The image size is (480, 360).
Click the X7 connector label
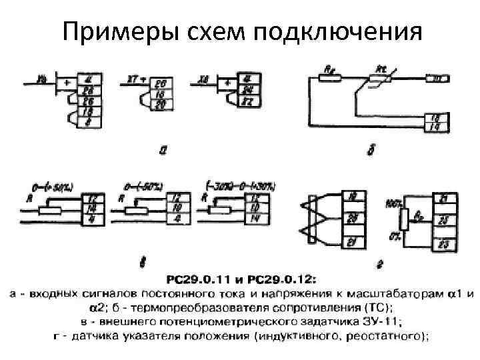coord(132,79)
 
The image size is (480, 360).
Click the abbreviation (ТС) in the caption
coord(378,307)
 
